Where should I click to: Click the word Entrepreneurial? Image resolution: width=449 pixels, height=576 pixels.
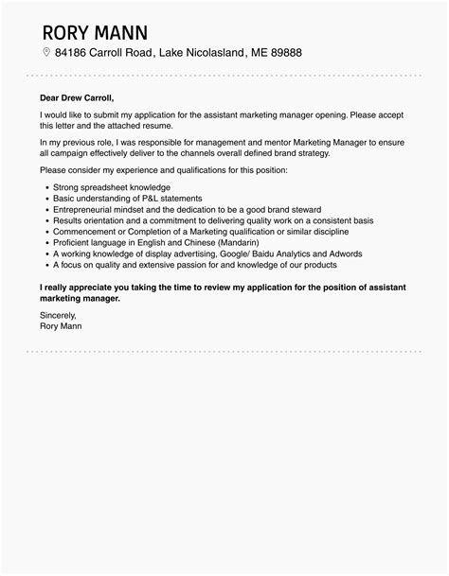[x=83, y=209]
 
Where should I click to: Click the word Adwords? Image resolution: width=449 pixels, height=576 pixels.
[x=346, y=254]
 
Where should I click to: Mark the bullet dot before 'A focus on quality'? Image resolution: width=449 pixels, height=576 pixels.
[x=47, y=266]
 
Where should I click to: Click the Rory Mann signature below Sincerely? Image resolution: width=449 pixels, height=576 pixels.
[x=62, y=326]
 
